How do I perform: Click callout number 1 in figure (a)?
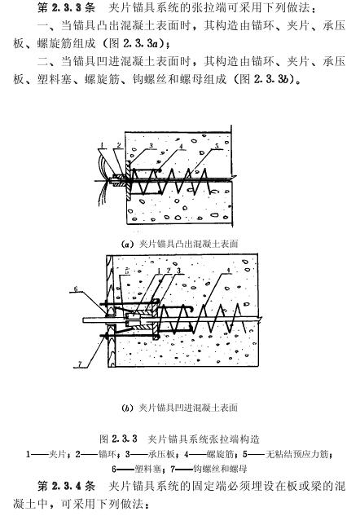(x=103, y=145)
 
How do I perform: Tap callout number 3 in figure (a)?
(x=151, y=146)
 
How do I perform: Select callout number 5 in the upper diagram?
(x=217, y=146)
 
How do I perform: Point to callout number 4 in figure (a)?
(x=181, y=146)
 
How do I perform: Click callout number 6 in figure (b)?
(x=76, y=289)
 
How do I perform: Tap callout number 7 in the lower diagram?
(x=79, y=364)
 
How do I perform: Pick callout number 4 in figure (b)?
(x=229, y=271)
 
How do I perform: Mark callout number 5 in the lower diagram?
(x=127, y=271)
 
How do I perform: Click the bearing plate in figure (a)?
(x=128, y=180)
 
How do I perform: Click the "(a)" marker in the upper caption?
(x=126, y=245)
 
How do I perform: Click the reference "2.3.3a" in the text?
(x=143, y=43)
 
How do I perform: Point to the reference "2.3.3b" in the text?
(x=273, y=79)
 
